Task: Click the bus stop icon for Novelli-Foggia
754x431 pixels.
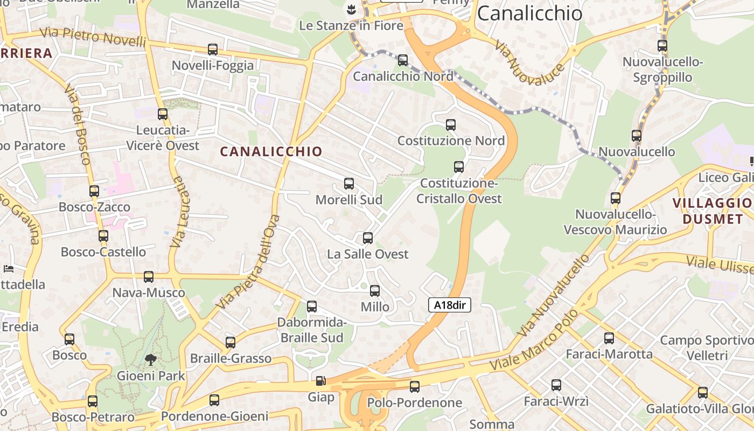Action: coord(213,50)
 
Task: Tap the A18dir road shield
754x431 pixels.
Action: coord(450,305)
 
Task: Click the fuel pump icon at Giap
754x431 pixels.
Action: coord(320,381)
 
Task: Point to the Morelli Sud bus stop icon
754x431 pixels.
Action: coord(349,184)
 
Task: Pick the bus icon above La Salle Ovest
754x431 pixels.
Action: coord(368,238)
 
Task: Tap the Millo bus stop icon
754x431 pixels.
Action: coord(375,291)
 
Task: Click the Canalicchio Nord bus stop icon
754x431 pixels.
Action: coord(403,60)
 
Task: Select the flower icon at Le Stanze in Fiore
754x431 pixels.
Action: coord(351,9)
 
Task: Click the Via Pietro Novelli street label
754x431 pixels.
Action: coord(93,37)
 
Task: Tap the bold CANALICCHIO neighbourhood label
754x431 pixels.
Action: coord(271,152)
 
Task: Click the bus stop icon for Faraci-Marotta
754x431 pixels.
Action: coord(609,338)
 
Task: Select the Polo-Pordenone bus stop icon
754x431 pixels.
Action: coord(415,387)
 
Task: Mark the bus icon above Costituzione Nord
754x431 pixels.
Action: coord(451,125)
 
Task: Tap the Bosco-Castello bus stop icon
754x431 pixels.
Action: coord(103,236)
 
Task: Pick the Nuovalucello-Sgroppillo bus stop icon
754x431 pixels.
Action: coord(662,46)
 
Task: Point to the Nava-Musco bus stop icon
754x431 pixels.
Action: coord(149,277)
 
